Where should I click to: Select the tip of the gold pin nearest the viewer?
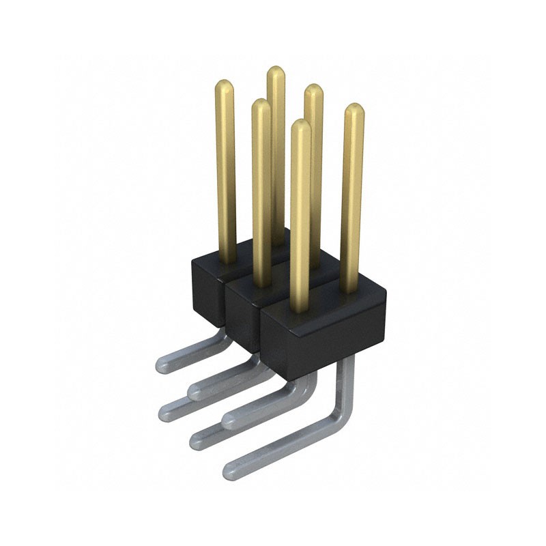point(300,125)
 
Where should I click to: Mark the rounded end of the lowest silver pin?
point(231,470)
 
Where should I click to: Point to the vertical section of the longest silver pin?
point(347,382)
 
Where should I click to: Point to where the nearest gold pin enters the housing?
point(300,311)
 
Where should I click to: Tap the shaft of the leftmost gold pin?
point(226,177)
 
